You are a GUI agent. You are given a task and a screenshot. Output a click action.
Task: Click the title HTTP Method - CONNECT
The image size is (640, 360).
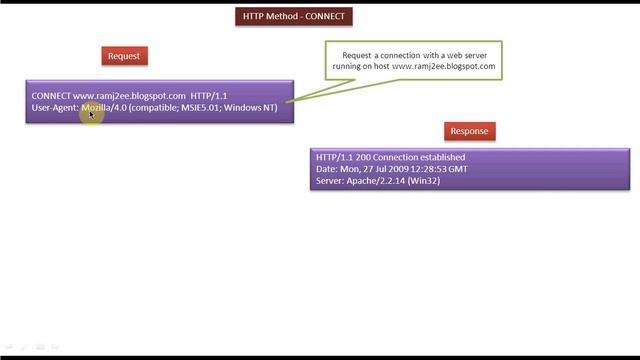[296, 16]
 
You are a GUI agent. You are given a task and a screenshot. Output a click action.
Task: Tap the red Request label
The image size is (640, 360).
[124, 56]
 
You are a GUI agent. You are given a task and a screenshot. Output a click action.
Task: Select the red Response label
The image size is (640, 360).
[469, 131]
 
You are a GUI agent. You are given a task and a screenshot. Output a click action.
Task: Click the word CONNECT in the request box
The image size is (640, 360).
[51, 96]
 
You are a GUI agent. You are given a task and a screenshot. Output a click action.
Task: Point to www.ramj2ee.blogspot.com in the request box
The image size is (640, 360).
[129, 96]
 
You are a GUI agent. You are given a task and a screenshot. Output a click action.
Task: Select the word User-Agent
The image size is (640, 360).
[55, 107]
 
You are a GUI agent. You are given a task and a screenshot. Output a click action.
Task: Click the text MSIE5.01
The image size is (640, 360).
[208, 107]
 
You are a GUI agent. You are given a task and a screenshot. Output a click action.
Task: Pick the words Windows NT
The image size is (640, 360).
[254, 107]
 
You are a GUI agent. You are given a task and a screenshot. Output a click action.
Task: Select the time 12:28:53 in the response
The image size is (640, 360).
[431, 169]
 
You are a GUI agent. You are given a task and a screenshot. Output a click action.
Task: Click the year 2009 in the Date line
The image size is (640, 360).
[395, 169]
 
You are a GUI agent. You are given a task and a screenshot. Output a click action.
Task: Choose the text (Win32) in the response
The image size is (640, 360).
[424, 181]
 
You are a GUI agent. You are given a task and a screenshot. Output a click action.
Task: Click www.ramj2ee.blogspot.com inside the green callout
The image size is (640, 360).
[443, 66]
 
